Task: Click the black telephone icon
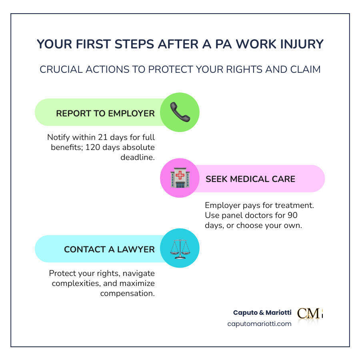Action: click(180, 112)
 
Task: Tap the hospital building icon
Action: click(180, 178)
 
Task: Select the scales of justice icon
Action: click(180, 249)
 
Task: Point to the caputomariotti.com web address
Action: click(259, 324)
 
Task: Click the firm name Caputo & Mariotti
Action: click(262, 312)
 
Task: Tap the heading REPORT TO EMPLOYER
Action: click(105, 113)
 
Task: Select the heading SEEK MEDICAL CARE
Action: click(250, 179)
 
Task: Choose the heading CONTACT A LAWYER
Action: click(109, 249)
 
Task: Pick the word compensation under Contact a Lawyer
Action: click(128, 293)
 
